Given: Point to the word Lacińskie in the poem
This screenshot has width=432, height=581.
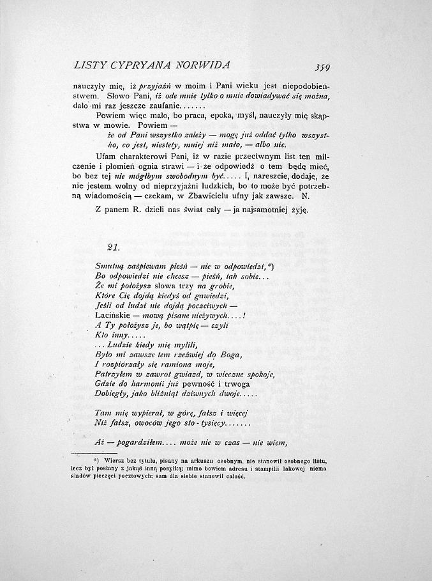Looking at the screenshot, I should [112, 316].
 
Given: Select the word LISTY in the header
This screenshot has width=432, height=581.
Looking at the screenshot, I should [89, 65].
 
